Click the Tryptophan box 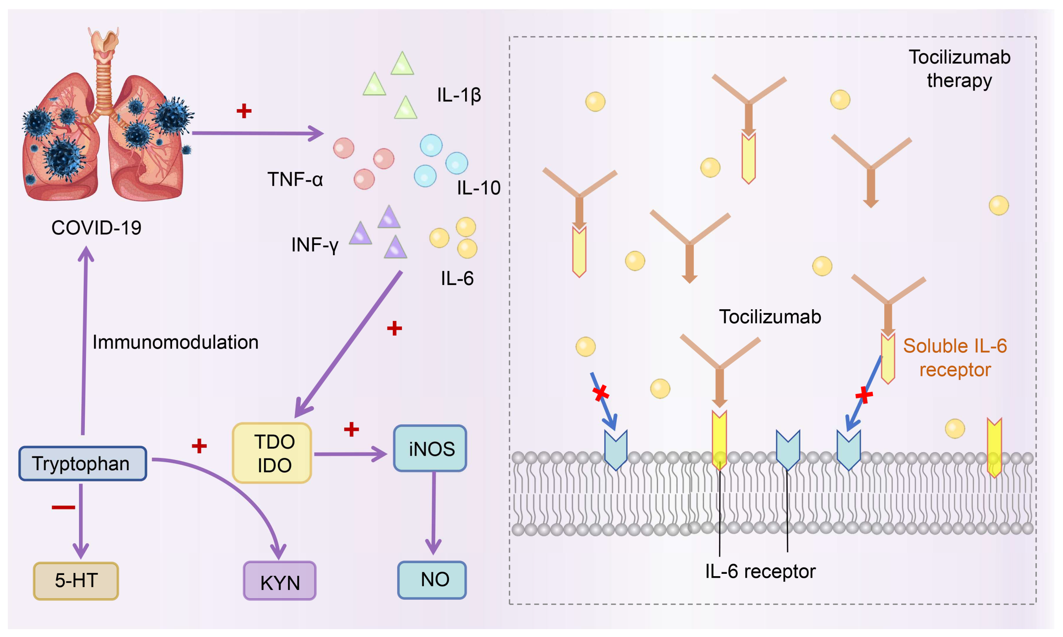82,464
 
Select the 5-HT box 76,580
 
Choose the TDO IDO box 272,453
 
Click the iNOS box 430,449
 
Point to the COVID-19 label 96,228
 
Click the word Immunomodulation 175,342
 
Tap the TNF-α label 295,179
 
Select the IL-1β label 459,95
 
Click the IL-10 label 478,188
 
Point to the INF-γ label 315,245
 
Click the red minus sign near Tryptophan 63,507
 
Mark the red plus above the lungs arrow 244,111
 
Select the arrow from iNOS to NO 433,513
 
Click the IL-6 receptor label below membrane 760,571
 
